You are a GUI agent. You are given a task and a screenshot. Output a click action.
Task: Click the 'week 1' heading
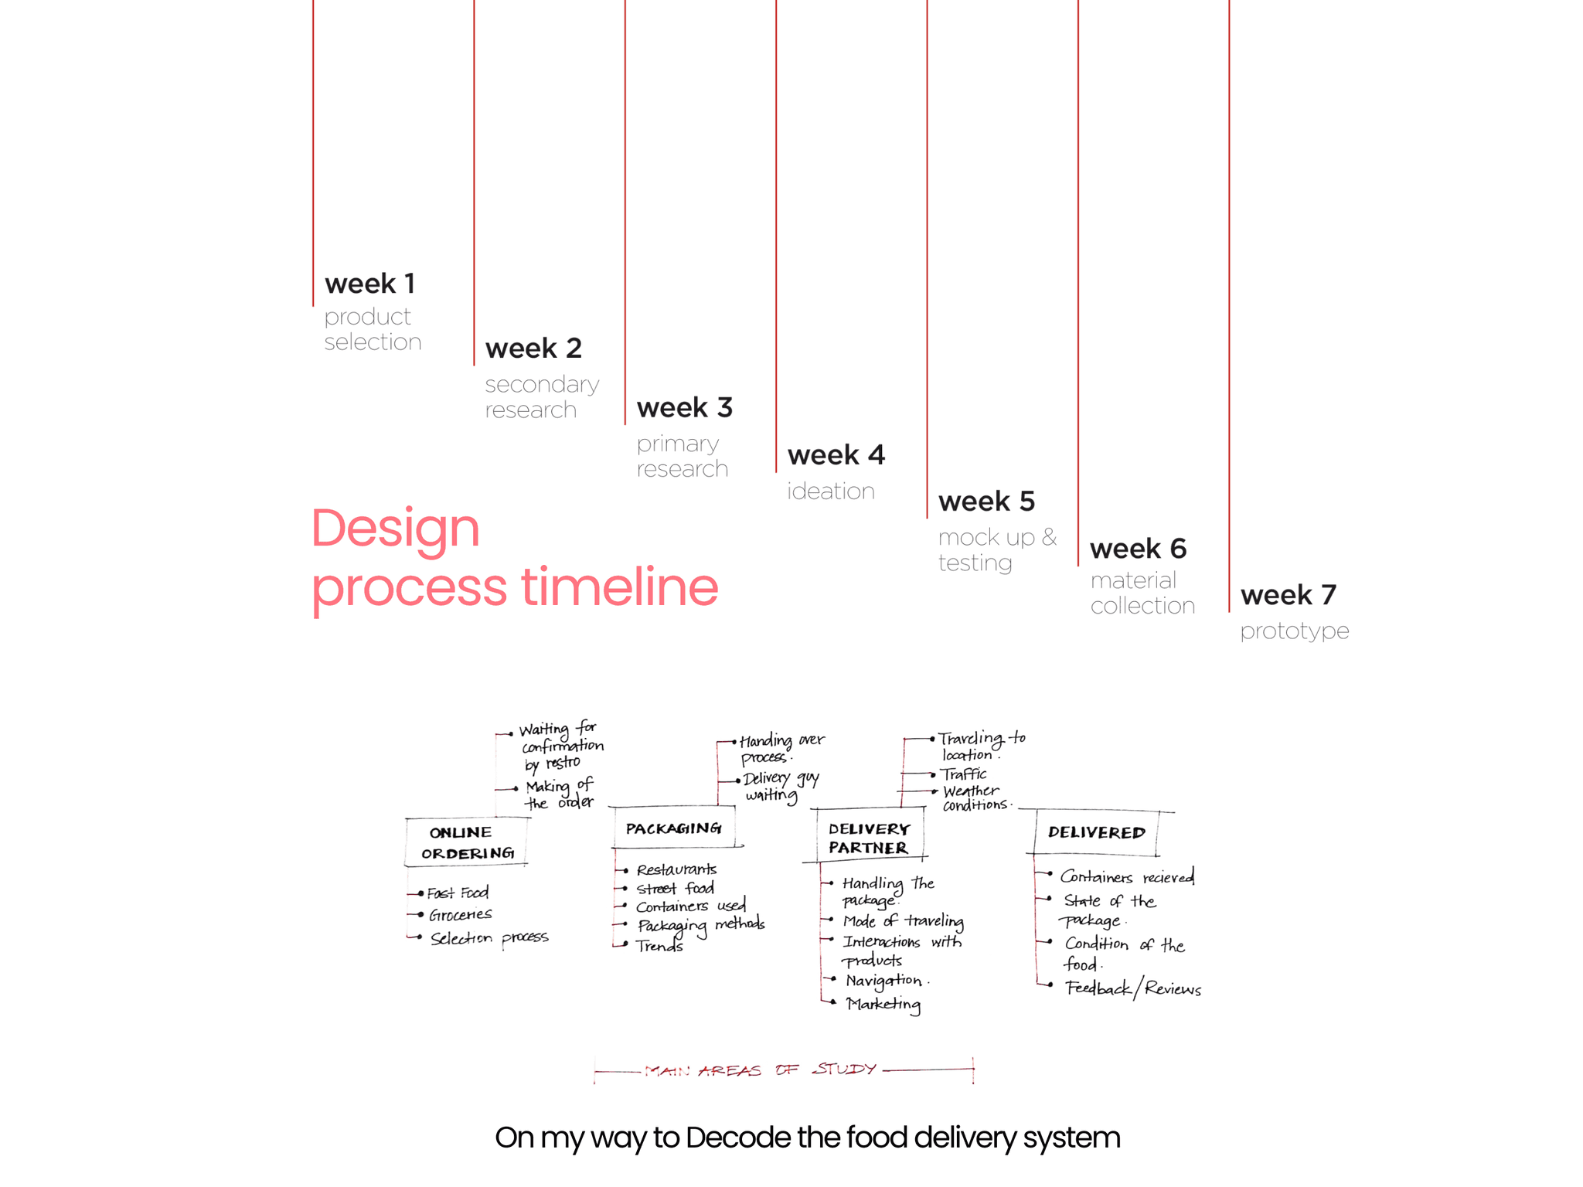point(369,284)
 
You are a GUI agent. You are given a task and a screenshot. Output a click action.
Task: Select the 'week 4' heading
point(836,454)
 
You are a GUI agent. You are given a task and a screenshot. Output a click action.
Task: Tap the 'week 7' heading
point(1288,595)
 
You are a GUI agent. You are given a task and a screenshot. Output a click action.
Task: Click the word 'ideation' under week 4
point(831,491)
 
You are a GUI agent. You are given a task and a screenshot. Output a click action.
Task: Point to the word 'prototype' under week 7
point(1295,631)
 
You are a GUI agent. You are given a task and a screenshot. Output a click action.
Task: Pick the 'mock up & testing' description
point(997,549)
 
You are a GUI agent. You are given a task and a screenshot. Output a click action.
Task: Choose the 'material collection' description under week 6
point(1142,593)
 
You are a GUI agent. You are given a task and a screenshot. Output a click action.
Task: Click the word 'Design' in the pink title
point(396,528)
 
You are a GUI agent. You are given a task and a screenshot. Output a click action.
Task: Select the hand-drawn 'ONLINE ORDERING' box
point(467,842)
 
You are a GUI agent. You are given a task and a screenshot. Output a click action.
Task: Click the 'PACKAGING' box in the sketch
point(673,828)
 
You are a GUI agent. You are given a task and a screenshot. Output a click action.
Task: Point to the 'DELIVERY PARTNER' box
point(869,838)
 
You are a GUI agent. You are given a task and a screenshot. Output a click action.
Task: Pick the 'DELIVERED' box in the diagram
point(1096,832)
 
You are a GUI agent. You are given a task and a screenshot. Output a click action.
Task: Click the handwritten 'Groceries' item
point(460,915)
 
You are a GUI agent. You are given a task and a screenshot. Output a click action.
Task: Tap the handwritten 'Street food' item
point(675,889)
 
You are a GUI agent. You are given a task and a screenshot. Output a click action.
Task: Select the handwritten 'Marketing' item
point(883,1004)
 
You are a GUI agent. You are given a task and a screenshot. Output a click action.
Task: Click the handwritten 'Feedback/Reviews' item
point(1133,988)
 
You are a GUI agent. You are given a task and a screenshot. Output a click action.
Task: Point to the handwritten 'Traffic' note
point(964,774)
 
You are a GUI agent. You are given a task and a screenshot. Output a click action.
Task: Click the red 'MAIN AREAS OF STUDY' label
point(761,1070)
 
